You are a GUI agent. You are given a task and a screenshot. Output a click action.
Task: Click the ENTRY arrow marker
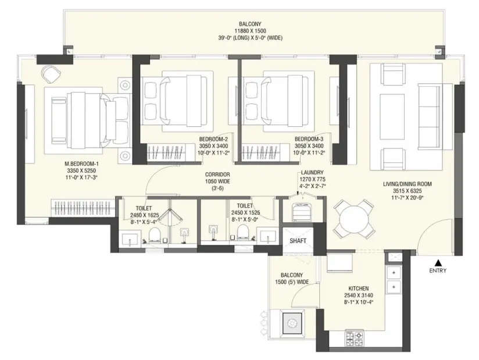pyautogui.click(x=438, y=262)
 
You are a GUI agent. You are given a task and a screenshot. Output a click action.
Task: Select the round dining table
pyautogui.click(x=353, y=219)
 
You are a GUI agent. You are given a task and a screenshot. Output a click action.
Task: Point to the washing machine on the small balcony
pyautogui.click(x=293, y=323)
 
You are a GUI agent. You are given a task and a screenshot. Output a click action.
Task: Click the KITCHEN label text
pyautogui.click(x=358, y=288)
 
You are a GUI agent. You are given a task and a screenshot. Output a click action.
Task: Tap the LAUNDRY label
pyautogui.click(x=313, y=173)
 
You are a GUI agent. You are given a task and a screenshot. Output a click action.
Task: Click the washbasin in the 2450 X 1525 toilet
pyautogui.click(x=267, y=236)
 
